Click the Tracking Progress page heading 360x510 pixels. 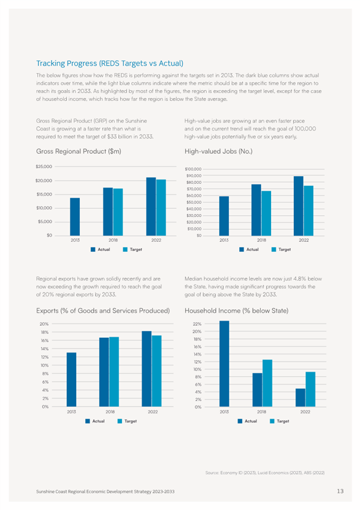pyautogui.click(x=109, y=63)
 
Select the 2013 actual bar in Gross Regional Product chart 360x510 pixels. pyautogui.click(x=75, y=217)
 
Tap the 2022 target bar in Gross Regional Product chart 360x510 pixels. pyautogui.click(x=161, y=207)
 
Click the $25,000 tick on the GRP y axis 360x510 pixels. pyautogui.click(x=44, y=167)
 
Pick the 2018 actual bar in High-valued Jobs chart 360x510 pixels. pyautogui.click(x=256, y=210)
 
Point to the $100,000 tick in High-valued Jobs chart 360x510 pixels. pyautogui.click(x=193, y=169)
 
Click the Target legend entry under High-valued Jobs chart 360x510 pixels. pyautogui.click(x=281, y=250)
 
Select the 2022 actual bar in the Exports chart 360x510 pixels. pyautogui.click(x=147, y=369)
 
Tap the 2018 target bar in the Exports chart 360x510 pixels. pyautogui.click(x=114, y=372)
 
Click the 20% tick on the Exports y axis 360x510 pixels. pyautogui.click(x=44, y=324)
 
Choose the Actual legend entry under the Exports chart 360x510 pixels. pyautogui.click(x=95, y=421)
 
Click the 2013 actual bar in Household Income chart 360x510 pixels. pyautogui.click(x=224, y=364)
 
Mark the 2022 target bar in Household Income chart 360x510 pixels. pyautogui.click(x=310, y=389)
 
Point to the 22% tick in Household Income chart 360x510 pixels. pyautogui.click(x=197, y=324)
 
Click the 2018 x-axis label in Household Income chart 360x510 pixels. pyautogui.click(x=261, y=412)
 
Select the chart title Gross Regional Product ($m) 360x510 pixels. pyautogui.click(x=79, y=151)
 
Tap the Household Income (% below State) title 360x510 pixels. pyautogui.click(x=237, y=310)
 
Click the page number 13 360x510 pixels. pyautogui.click(x=340, y=491)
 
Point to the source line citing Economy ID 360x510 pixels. pyautogui.click(x=265, y=473)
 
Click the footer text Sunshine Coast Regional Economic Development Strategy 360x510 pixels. pyautogui.click(x=105, y=491)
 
